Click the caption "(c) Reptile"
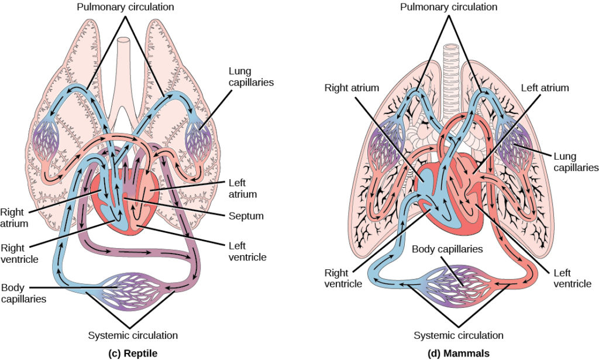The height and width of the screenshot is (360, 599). [132, 352]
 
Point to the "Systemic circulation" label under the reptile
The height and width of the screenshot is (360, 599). [132, 335]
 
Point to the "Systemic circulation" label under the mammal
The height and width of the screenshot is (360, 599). [458, 335]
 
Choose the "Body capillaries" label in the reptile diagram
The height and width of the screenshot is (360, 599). [24, 293]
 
